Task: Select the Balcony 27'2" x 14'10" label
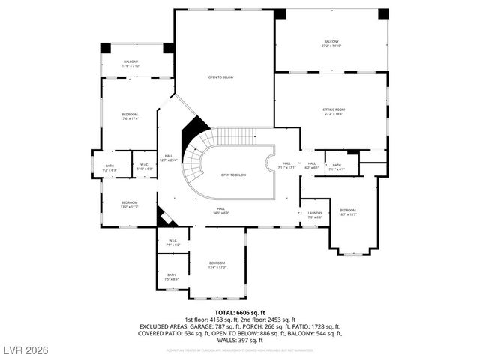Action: click(x=331, y=43)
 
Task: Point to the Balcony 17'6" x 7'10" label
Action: click(x=130, y=64)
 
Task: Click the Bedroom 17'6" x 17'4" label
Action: click(x=130, y=116)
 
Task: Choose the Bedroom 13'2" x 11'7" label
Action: click(x=130, y=204)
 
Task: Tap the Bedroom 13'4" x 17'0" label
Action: click(x=217, y=265)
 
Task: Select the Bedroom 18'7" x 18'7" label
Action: click(x=348, y=212)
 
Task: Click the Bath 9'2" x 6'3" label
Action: click(x=109, y=168)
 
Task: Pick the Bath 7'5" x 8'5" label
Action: click(x=172, y=277)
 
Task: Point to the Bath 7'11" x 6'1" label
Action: click(x=337, y=166)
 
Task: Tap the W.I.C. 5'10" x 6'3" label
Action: click(x=144, y=167)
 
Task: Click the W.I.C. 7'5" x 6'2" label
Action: click(x=172, y=243)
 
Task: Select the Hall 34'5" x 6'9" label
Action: click(x=221, y=211)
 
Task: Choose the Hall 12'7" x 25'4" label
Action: click(x=169, y=157)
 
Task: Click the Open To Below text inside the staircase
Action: click(x=233, y=175)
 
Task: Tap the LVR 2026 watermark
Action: click(x=26, y=349)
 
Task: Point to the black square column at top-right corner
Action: click(x=383, y=13)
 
